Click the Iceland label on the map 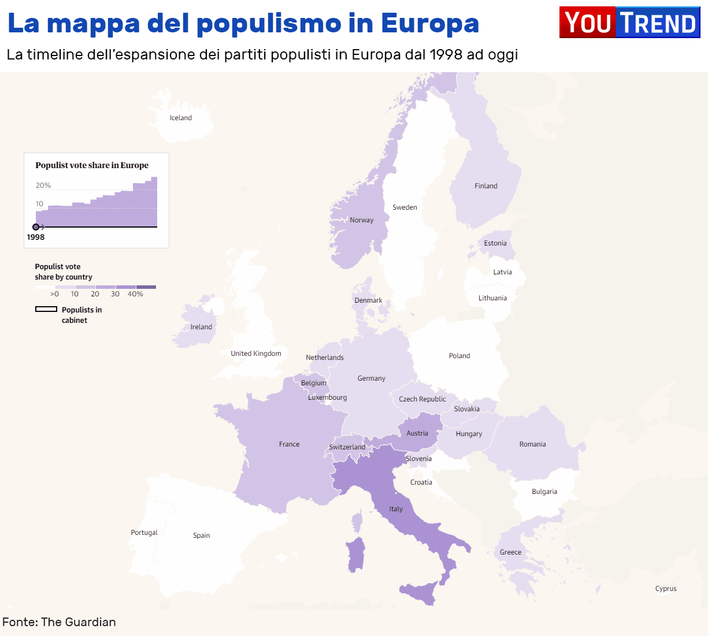pyautogui.click(x=180, y=118)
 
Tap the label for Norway pyautogui.click(x=361, y=220)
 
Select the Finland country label pyautogui.click(x=485, y=186)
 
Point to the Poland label pyautogui.click(x=459, y=356)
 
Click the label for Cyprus pyautogui.click(x=666, y=589)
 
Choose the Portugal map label pyautogui.click(x=144, y=533)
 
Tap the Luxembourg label pyautogui.click(x=327, y=397)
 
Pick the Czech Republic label pyautogui.click(x=422, y=399)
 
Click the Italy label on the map pyautogui.click(x=396, y=509)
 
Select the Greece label pyautogui.click(x=510, y=552)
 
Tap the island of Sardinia pyautogui.click(x=356, y=554)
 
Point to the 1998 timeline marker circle pyautogui.click(x=36, y=227)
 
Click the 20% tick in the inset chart pyautogui.click(x=43, y=185)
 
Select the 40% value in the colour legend pyautogui.click(x=135, y=294)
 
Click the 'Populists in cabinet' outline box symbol pyautogui.click(x=46, y=310)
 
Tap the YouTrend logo pyautogui.click(x=629, y=23)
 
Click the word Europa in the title pyautogui.click(x=429, y=23)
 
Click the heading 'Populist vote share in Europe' pyautogui.click(x=92, y=165)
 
